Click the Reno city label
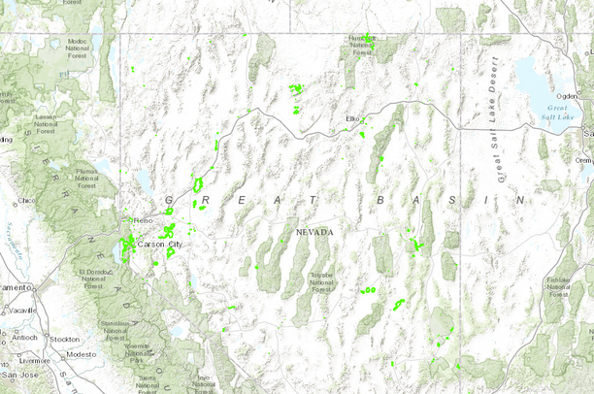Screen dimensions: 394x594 [x=146, y=220]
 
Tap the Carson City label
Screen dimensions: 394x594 [x=159, y=244]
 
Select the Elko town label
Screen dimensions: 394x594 [x=352, y=118]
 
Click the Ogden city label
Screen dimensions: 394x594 [x=568, y=95]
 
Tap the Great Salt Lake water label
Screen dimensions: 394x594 [x=560, y=112]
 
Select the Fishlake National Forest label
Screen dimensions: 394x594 [x=557, y=283]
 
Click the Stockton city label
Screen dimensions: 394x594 [x=64, y=339]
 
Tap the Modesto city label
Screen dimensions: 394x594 [x=82, y=354]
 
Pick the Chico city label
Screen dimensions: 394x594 [x=26, y=201]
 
